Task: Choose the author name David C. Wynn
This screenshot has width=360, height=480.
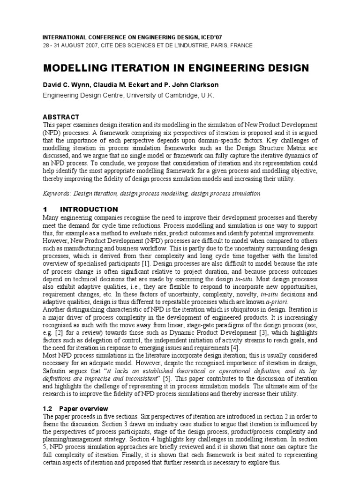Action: coord(65,85)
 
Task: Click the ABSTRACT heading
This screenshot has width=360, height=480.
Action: coord(61,117)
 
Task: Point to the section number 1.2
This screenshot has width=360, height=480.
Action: coord(48,409)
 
